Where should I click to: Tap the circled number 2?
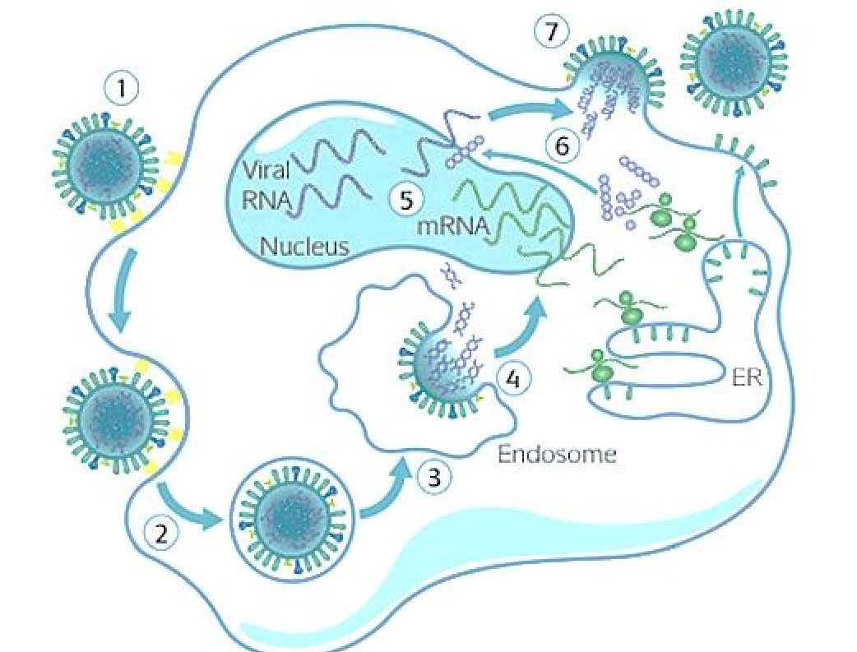coord(161,533)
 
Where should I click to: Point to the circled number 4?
coord(512,378)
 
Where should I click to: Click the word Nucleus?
coord(304,247)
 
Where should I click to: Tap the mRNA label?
coord(452,226)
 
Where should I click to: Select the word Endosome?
coord(558,454)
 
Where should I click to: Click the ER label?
coord(747,377)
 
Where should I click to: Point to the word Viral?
coord(266,172)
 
